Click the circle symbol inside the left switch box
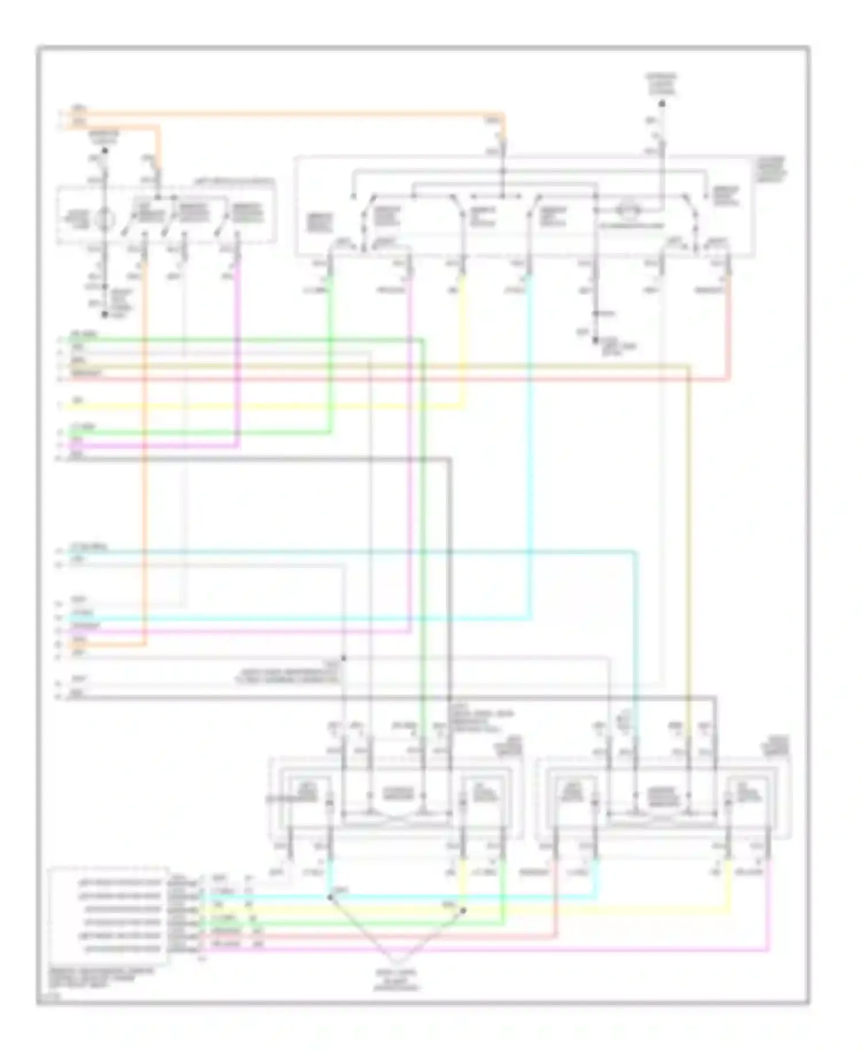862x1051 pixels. [105, 219]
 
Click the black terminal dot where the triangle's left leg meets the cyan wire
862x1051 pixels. [330, 897]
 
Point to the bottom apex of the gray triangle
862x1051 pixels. [397, 964]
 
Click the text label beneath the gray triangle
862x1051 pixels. [397, 980]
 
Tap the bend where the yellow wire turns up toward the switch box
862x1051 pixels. [464, 407]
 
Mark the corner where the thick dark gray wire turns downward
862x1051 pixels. [449, 459]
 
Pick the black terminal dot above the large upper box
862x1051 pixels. [662, 104]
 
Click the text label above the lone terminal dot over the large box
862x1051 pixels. [662, 85]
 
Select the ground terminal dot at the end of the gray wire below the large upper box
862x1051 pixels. [596, 340]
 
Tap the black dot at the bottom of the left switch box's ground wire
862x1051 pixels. [105, 314]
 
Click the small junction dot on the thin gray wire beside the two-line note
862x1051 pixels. [343, 657]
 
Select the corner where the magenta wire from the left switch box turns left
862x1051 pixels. [238, 446]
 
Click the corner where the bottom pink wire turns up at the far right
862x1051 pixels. [769, 950]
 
